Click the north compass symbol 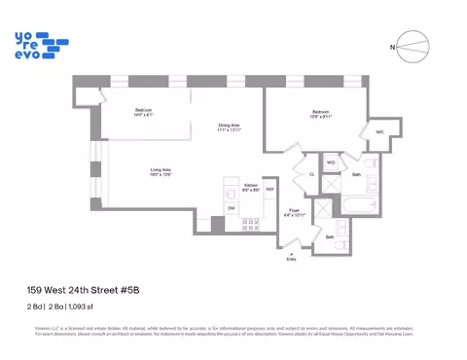(413, 46)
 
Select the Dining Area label (229, 127)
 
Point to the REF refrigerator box (269, 191)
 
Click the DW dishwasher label (231, 207)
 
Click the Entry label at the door (290, 259)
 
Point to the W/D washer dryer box (331, 162)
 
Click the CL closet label (311, 174)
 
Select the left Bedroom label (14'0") (144, 113)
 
